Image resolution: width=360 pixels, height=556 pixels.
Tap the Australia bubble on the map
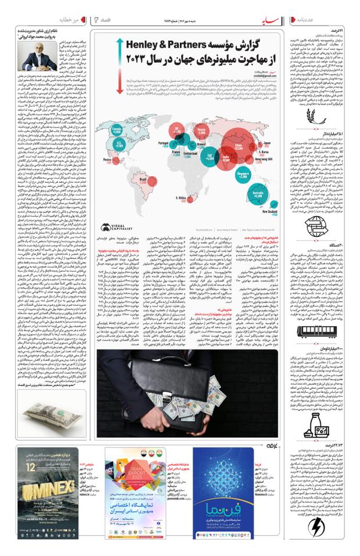256,194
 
